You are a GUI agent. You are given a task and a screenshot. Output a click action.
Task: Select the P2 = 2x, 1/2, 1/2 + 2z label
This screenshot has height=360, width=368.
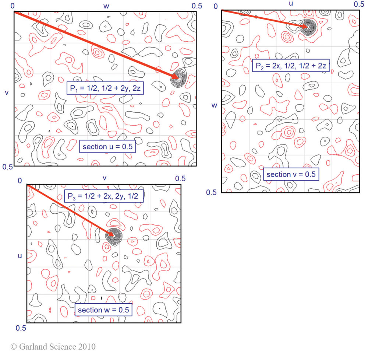290,66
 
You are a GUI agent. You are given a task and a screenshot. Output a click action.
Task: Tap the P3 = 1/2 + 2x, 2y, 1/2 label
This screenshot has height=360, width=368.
103,195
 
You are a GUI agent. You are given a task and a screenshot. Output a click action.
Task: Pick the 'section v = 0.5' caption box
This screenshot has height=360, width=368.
291,174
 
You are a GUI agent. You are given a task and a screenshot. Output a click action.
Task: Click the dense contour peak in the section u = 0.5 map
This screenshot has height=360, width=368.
179,78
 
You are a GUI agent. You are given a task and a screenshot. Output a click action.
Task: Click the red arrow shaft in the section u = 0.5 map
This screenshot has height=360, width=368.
96,45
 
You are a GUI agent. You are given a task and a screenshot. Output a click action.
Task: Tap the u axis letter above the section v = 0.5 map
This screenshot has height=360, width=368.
291,4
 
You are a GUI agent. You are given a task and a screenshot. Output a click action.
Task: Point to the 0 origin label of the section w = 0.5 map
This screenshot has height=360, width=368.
20,180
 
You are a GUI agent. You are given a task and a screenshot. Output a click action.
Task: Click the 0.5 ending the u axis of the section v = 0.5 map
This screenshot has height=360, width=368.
359,4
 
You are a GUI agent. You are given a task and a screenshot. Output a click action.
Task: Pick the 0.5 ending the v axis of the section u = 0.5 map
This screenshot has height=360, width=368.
7,167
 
